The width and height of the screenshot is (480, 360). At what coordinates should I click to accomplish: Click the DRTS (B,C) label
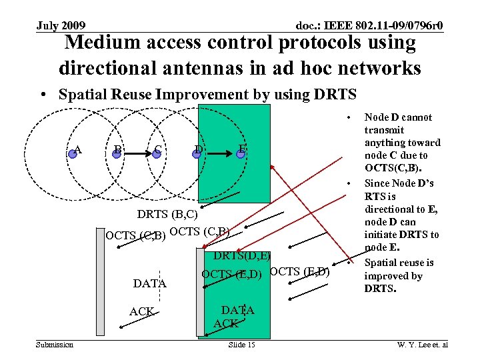(x=168, y=215)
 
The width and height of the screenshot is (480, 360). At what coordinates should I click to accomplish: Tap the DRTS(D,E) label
(x=242, y=256)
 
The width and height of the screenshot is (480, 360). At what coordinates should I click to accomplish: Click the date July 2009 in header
(x=61, y=26)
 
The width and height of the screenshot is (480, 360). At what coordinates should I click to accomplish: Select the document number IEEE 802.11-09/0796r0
(x=369, y=26)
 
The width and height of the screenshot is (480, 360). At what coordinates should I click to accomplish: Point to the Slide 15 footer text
(x=241, y=344)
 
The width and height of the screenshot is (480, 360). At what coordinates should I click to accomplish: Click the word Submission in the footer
(x=55, y=344)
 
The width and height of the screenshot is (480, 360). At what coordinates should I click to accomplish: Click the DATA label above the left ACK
(x=150, y=283)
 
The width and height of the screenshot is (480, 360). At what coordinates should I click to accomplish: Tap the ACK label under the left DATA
(x=142, y=312)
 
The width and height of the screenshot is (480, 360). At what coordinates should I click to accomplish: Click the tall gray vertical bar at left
(x=100, y=283)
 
